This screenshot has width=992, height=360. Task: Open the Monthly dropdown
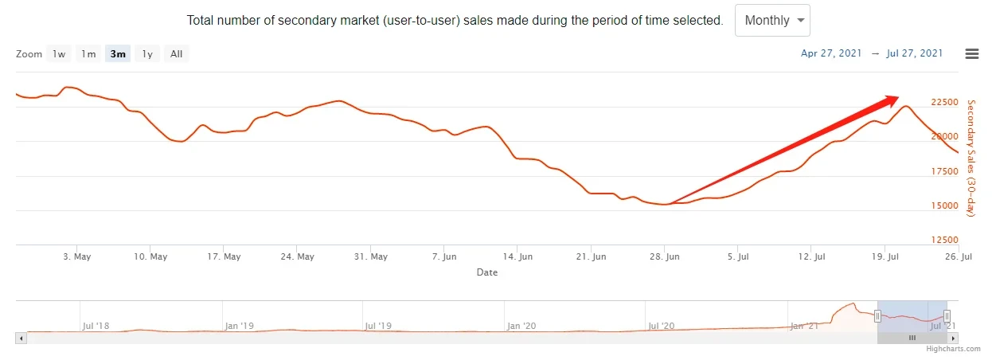(x=772, y=21)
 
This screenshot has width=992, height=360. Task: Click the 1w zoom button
(x=59, y=54)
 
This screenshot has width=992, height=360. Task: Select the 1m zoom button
(x=88, y=54)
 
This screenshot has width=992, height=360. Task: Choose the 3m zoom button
(x=118, y=54)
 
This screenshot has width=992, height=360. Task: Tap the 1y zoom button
(x=147, y=54)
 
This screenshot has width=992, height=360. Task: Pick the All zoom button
(x=176, y=54)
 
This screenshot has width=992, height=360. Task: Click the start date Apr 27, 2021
(x=830, y=53)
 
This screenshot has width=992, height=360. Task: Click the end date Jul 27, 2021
(x=914, y=53)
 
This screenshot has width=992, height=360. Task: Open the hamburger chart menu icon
(x=971, y=53)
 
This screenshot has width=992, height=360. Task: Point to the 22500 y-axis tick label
(x=944, y=103)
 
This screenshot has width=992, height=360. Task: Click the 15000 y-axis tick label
(x=944, y=205)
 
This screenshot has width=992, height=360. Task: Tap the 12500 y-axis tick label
(x=944, y=240)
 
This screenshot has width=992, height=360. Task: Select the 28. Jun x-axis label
(x=666, y=256)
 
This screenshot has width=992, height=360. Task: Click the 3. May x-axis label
(x=76, y=256)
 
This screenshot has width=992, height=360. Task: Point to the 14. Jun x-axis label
(x=517, y=256)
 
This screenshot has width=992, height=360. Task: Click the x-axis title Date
(x=487, y=272)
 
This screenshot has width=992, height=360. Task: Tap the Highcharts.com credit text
(x=954, y=349)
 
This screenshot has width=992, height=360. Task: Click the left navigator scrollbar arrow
(x=21, y=338)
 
